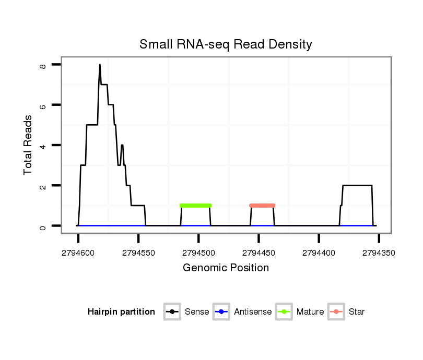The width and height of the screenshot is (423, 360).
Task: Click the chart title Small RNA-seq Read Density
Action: pyautogui.click(x=226, y=44)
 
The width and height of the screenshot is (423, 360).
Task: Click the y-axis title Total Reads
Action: pyautogui.click(x=28, y=145)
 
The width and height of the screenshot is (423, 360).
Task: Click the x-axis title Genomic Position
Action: pyautogui.click(x=226, y=268)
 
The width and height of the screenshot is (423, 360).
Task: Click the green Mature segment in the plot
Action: pyautogui.click(x=195, y=206)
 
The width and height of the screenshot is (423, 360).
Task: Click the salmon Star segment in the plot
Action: pyautogui.click(x=262, y=206)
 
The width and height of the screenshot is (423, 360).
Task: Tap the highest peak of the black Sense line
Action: pyautogui.click(x=100, y=65)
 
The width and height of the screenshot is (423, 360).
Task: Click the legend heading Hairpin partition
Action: pyautogui.click(x=121, y=312)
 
